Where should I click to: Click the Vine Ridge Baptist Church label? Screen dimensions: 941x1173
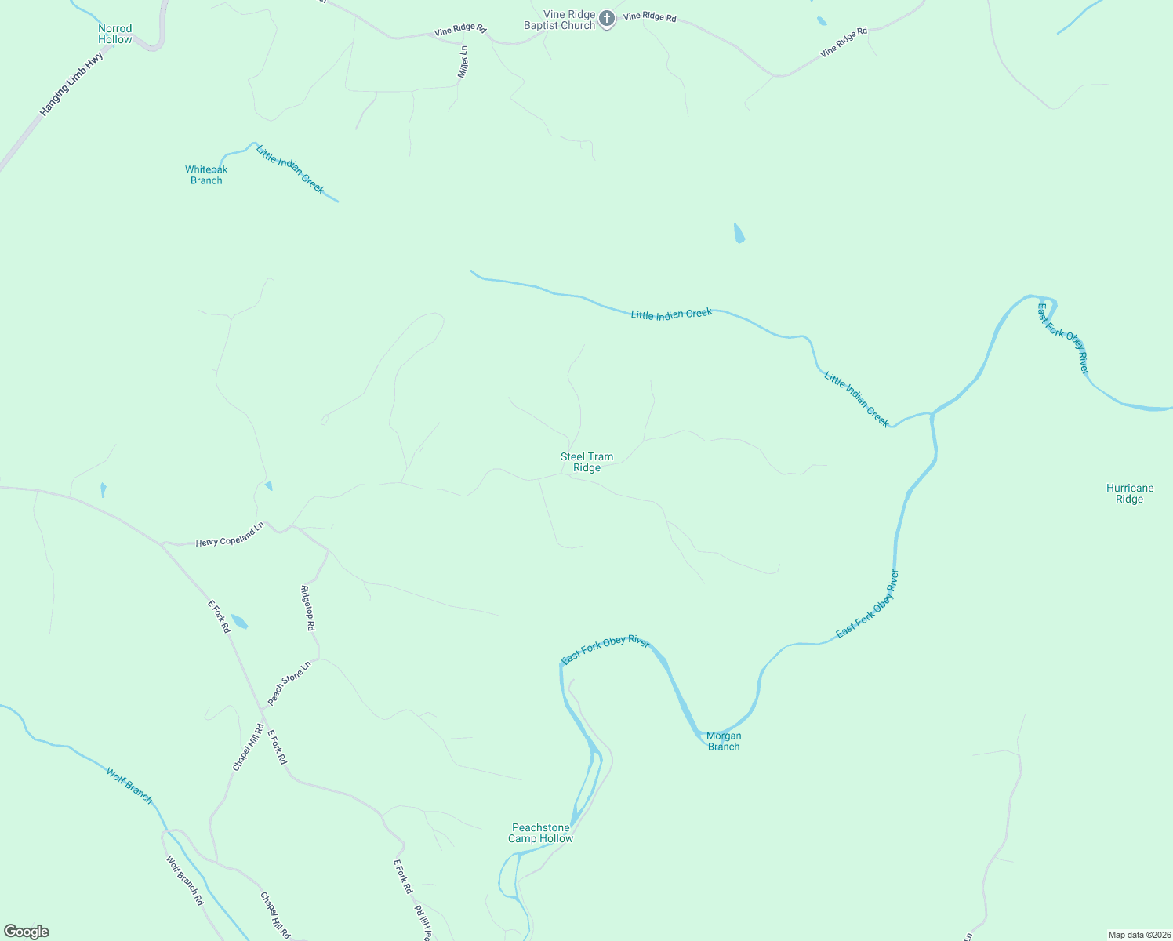[x=560, y=20]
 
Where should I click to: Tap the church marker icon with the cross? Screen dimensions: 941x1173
[x=607, y=19]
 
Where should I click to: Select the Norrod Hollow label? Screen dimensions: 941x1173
[x=115, y=34]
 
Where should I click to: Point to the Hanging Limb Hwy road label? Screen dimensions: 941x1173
[x=71, y=85]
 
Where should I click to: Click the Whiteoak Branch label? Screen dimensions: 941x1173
[x=206, y=175]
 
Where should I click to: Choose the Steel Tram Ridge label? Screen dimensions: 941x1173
[x=586, y=462]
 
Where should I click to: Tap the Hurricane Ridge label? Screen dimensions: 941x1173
[x=1129, y=493]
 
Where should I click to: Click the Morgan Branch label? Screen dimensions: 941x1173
[x=724, y=741]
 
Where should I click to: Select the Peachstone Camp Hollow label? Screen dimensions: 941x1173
[x=541, y=833]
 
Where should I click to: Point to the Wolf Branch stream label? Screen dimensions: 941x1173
[x=129, y=786]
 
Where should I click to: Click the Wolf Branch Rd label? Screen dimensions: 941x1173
[x=184, y=880]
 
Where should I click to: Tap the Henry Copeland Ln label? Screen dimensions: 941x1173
[x=230, y=537]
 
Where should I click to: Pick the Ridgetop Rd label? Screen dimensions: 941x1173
[x=308, y=608]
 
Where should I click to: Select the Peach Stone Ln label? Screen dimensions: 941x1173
[x=289, y=683]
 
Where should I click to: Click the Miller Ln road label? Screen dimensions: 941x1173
[x=463, y=61]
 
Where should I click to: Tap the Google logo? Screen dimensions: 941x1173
[x=27, y=932]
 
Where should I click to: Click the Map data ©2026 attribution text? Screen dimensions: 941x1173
[x=1138, y=935]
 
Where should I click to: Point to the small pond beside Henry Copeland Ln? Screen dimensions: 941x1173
[x=268, y=486]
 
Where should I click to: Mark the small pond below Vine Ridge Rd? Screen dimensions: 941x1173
[x=739, y=233]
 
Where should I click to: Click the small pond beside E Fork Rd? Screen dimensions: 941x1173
[x=239, y=622]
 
